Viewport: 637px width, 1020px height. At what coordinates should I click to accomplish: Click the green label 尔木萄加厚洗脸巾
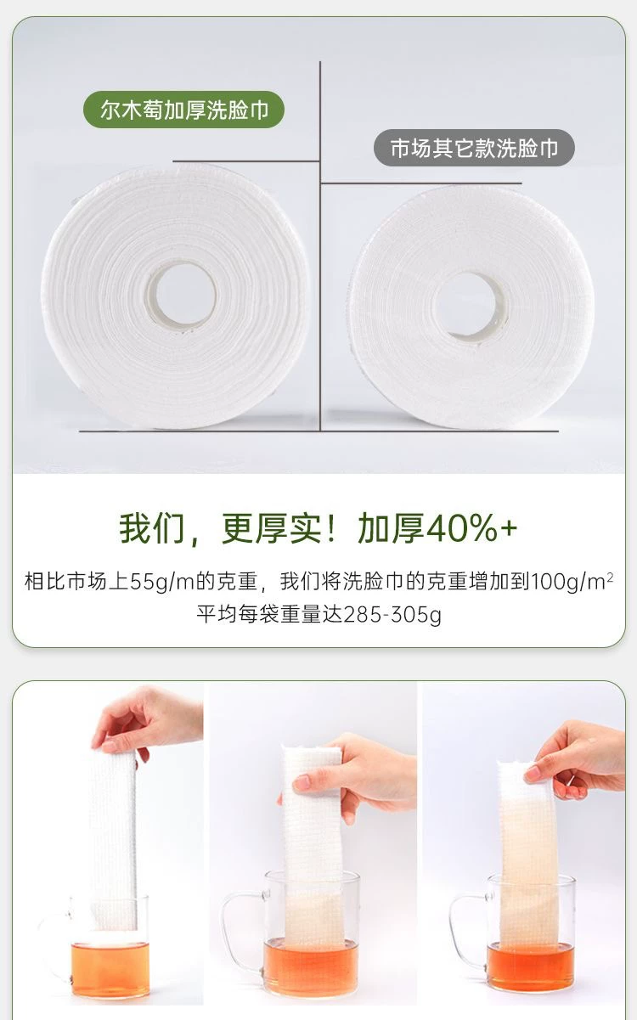click(183, 110)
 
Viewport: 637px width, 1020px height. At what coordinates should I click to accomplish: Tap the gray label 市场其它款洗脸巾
click(474, 148)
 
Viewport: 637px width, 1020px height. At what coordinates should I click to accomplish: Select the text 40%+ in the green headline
click(471, 527)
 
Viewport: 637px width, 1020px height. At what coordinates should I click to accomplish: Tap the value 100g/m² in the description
click(572, 582)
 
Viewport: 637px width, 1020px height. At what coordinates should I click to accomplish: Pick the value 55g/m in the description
click(162, 582)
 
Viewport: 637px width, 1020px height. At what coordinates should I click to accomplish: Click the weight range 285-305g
click(392, 615)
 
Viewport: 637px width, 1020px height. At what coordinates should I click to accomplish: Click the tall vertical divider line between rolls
click(320, 246)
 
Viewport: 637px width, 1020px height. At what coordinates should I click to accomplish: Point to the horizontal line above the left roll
click(245, 161)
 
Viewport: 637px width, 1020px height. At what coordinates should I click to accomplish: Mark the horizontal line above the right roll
click(421, 183)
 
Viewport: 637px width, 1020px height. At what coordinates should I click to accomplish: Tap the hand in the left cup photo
click(146, 720)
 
